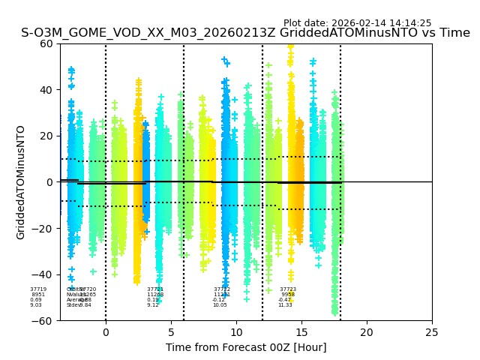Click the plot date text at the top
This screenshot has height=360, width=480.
(357, 23)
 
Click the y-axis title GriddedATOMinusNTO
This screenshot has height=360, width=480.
(21, 182)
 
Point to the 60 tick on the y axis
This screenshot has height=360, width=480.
(46, 43)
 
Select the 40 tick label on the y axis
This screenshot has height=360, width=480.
(46, 90)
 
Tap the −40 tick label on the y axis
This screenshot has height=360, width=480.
(43, 274)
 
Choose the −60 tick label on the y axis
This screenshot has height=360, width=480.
(43, 321)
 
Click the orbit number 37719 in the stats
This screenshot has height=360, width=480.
(38, 289)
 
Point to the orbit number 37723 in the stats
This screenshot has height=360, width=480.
(288, 289)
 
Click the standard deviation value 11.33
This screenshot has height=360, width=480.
(285, 305)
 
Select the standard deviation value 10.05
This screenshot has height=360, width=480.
(220, 305)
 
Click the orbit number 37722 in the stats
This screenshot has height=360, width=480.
(222, 289)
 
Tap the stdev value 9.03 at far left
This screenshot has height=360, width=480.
(36, 305)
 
